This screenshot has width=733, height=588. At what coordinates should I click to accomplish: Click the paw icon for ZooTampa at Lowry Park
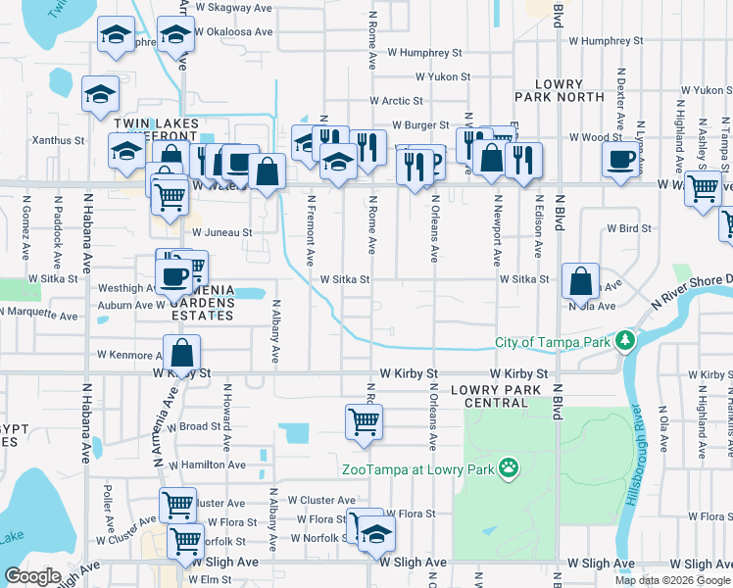pyautogui.click(x=509, y=468)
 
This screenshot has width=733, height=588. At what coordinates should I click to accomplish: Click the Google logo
pyautogui.click(x=33, y=576)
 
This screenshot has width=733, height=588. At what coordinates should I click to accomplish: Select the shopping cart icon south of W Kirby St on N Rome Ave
pyautogui.click(x=364, y=422)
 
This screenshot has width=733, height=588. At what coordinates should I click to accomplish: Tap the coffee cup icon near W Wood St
pyautogui.click(x=620, y=159)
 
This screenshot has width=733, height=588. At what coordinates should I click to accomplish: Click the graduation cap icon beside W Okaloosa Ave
pyautogui.click(x=175, y=35)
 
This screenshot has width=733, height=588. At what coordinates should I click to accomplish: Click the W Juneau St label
pyautogui.click(x=221, y=233)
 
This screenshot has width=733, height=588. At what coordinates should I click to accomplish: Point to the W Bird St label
pyautogui.click(x=629, y=228)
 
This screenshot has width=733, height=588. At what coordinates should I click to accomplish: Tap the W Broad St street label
pyautogui.click(x=194, y=427)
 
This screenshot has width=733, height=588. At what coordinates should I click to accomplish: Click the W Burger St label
pyautogui.click(x=420, y=125)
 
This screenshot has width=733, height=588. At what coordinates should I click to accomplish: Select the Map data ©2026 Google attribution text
pyautogui.click(x=672, y=580)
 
